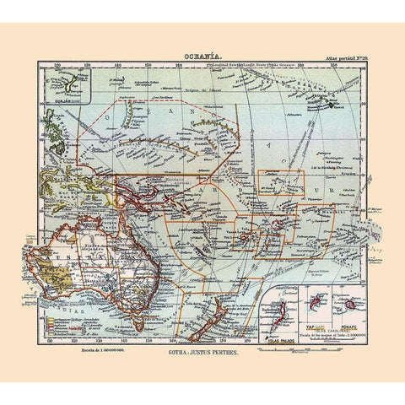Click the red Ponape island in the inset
348,303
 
